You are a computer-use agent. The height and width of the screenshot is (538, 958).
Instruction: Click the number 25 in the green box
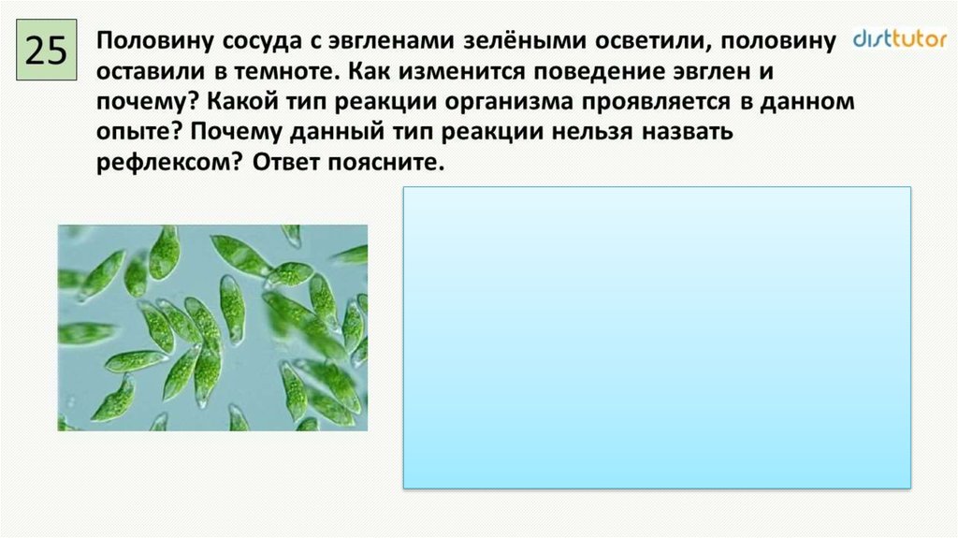click(x=46, y=51)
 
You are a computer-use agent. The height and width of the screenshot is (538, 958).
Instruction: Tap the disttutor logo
click(x=899, y=38)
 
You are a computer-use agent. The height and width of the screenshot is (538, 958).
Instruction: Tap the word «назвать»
click(x=688, y=131)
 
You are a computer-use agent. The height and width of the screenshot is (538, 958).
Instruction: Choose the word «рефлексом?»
click(x=170, y=163)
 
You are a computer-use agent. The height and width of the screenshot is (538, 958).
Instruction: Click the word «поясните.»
click(x=385, y=163)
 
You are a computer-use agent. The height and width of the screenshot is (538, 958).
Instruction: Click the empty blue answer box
click(x=657, y=338)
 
